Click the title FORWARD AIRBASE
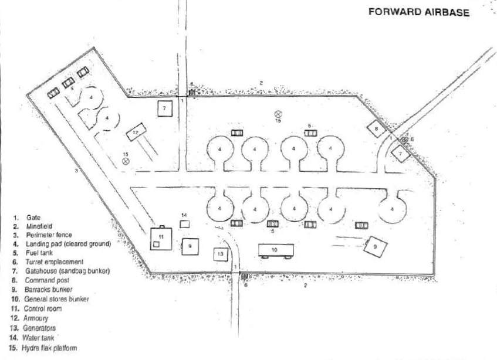coord(419,12)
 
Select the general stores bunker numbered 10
coord(276,250)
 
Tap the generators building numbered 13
coord(221,254)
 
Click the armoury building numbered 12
coord(136,132)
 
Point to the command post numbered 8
coord(377,128)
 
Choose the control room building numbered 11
coord(161,238)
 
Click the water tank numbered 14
coord(184,224)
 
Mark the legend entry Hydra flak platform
coord(49,348)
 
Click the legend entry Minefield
coord(39,226)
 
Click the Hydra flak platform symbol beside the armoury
coord(126,161)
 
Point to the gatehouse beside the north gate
coord(165,108)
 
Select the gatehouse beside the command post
coord(400,154)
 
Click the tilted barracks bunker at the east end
coord(376,246)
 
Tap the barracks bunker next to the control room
coord(190,246)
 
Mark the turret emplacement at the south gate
coord(244,276)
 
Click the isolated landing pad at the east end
coord(393,209)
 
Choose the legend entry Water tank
coord(38,338)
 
